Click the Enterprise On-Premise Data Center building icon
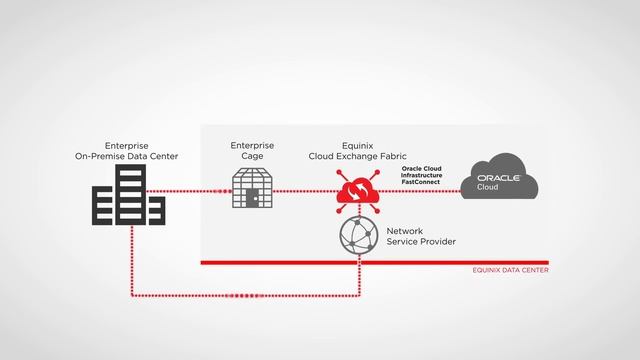tap(128, 195)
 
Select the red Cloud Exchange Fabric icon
tap(356, 190)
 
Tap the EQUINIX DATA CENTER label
tap(510, 270)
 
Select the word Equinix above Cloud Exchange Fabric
tap(356, 146)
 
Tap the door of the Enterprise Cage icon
tap(253, 199)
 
